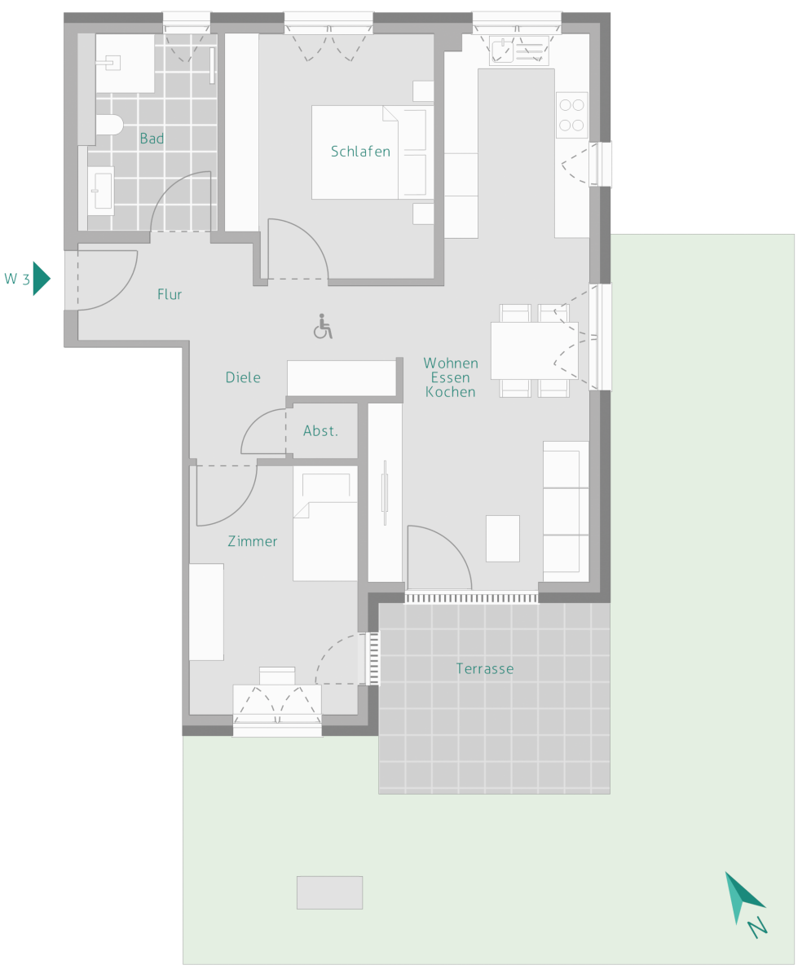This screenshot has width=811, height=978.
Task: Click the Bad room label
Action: (x=152, y=139)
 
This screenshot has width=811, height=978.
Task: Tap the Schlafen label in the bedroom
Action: (x=360, y=152)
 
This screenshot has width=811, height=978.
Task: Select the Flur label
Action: (x=170, y=294)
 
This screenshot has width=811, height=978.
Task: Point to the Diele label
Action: (x=243, y=377)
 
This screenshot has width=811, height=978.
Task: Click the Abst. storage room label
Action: (x=320, y=430)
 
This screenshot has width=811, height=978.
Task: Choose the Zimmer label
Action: (x=252, y=541)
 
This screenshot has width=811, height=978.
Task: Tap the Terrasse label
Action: (x=485, y=668)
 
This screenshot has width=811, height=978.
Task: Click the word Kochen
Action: (x=450, y=392)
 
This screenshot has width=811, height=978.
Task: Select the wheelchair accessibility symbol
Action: (x=323, y=326)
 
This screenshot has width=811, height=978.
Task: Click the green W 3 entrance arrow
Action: (x=41, y=279)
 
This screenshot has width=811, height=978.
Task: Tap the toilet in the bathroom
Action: (x=110, y=125)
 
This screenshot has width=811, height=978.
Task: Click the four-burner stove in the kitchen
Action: (x=571, y=115)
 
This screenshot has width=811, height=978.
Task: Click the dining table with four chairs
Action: (x=534, y=350)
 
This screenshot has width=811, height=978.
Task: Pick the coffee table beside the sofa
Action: (x=503, y=538)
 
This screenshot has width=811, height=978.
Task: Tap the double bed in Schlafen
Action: (x=372, y=152)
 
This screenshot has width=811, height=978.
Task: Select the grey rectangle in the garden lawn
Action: (x=329, y=892)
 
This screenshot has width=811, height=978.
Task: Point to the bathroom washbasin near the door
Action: (x=101, y=191)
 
